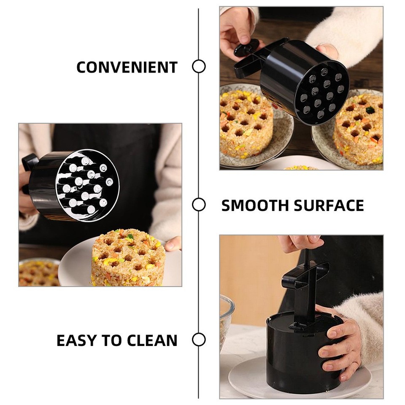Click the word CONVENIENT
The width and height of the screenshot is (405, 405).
point(127,67)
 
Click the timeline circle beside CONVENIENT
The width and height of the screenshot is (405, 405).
point(199,67)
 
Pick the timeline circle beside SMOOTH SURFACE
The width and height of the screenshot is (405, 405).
point(199,205)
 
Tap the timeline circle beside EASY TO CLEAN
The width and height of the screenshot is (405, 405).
point(199,340)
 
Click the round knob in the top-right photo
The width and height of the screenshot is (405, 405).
point(246,47)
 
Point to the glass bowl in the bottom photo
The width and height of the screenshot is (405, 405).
point(226,321)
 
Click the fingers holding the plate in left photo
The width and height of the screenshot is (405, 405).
point(173,244)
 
